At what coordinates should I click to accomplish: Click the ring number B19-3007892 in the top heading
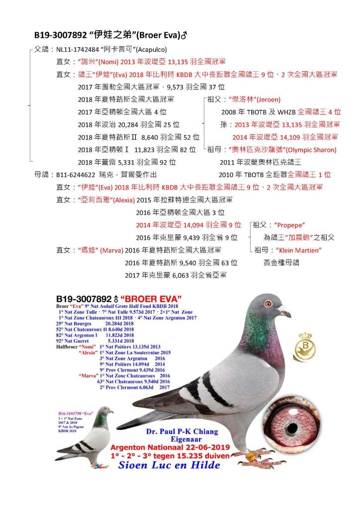coord(59,35)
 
